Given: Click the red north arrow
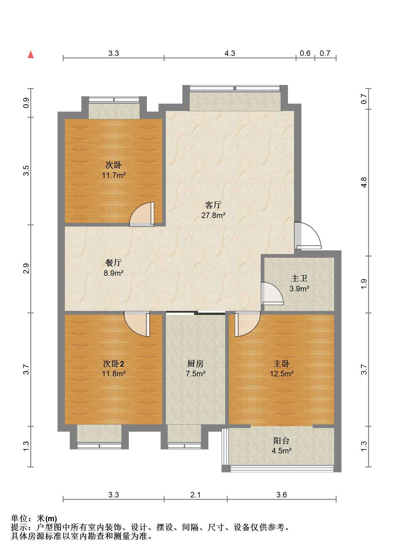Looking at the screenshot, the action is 31,54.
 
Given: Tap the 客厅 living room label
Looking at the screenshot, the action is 213,205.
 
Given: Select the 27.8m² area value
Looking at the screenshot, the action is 213,215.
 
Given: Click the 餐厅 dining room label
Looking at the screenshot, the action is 114,263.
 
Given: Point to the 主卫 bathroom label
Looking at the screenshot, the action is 299,278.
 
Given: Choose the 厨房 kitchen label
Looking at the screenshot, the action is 196,363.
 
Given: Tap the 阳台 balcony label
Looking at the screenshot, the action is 282,441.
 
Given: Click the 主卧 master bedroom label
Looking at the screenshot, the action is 282,363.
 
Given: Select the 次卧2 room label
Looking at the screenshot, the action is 114,363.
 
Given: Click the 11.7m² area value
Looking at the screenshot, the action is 114,175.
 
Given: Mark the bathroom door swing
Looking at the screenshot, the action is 272,293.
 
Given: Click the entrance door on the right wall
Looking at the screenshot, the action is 308,236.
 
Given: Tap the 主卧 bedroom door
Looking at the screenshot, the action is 247,324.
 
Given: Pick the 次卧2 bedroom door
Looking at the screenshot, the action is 137,324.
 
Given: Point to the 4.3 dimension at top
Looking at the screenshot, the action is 230,53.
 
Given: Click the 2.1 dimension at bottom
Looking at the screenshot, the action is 195,495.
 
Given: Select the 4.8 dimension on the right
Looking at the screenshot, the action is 364,182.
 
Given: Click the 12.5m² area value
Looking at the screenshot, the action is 282,374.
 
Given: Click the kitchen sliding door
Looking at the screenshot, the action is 196,312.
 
